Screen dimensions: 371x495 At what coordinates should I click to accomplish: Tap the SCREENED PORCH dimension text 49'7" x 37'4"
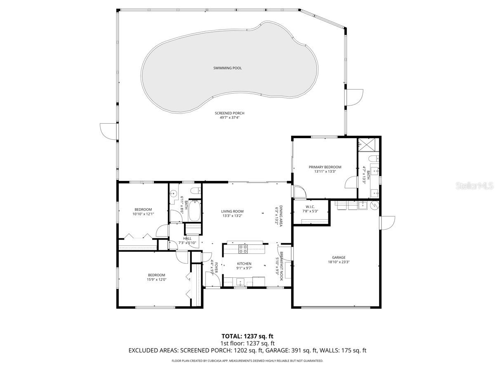click(226, 117)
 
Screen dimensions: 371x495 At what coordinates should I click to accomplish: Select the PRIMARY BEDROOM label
click(325, 167)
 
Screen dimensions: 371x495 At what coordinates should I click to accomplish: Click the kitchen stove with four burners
click(243, 249)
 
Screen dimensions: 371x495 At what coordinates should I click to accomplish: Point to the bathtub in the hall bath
click(194, 210)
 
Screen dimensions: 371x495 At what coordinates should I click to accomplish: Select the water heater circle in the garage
click(375, 205)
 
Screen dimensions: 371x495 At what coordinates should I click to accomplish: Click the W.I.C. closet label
click(311, 207)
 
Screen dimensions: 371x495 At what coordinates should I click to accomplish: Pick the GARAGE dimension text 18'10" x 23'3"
click(337, 262)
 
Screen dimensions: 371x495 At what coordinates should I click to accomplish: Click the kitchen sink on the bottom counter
click(240, 282)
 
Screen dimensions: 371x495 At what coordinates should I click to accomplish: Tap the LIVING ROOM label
click(232, 211)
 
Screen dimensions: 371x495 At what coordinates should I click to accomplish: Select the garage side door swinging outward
click(387, 223)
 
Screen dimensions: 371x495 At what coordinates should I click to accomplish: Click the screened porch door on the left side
click(108, 131)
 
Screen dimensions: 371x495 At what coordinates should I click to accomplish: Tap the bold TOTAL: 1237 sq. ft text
click(247, 336)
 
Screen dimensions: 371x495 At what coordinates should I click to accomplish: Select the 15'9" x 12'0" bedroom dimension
click(156, 279)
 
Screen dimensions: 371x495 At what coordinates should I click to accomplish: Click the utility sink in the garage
click(362, 205)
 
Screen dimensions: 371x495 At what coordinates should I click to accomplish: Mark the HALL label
click(187, 238)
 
